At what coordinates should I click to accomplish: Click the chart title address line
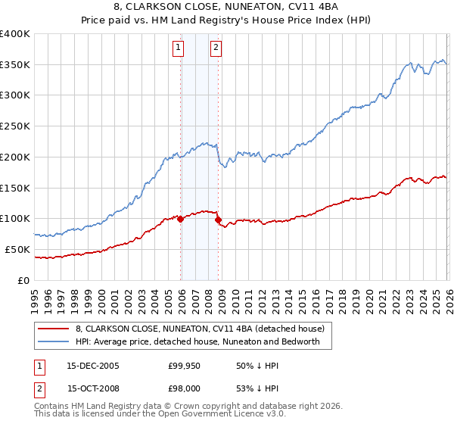pos(227,8)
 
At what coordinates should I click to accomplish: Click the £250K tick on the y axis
pos(14,126)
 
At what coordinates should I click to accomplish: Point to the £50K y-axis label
pos(17,249)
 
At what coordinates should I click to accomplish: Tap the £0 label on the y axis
pos(24,280)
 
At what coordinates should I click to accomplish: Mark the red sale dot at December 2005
pos(181,219)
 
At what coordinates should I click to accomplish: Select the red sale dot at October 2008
pos(219,220)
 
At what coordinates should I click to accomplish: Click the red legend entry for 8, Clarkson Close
pos(200,329)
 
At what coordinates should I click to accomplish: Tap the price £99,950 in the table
pos(184,366)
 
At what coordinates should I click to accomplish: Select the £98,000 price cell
pos(184,388)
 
